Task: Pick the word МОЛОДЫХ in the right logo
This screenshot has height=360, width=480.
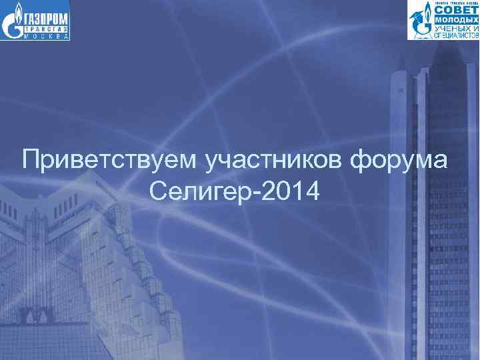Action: (457, 21)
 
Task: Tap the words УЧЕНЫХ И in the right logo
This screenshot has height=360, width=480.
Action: (457, 29)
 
